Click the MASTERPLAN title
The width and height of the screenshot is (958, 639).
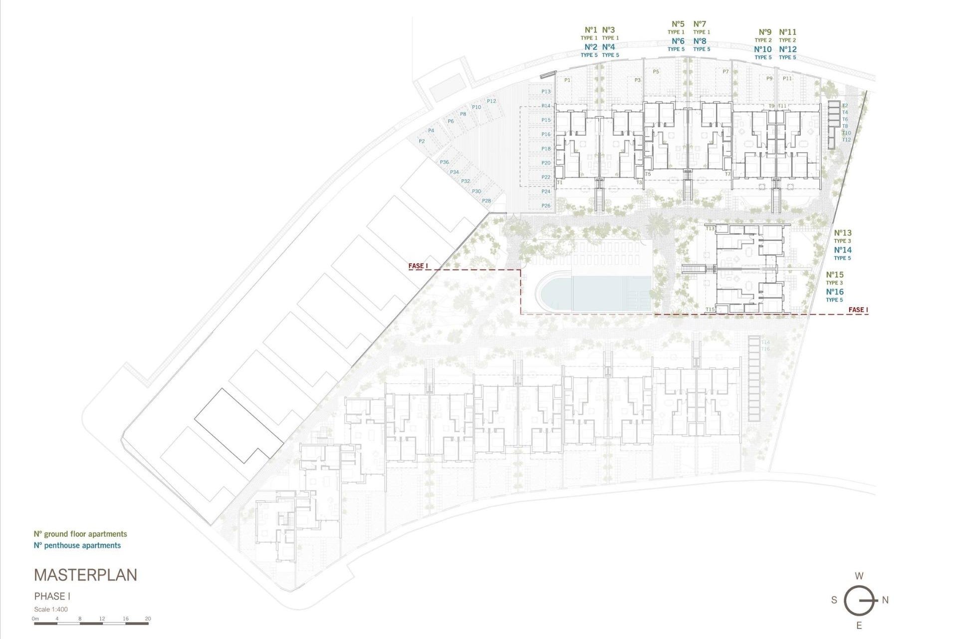point(85,575)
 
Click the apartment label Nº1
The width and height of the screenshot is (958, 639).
point(591,30)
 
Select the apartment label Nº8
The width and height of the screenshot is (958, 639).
point(700,41)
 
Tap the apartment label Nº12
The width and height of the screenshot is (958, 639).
point(788,49)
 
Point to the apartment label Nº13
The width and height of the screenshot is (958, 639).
point(843,233)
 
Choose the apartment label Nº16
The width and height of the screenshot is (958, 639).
point(835,292)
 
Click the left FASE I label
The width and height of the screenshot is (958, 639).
point(418,266)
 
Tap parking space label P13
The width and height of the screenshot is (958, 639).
point(546,91)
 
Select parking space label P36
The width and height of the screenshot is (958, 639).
point(444,162)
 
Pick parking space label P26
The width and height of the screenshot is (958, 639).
point(546,206)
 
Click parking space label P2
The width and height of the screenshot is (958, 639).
point(422,141)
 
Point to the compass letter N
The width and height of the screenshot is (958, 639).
point(885,600)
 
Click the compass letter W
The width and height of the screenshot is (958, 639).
point(859,576)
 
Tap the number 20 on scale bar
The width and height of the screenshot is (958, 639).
point(148,619)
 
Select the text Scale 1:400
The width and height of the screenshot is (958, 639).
point(51,609)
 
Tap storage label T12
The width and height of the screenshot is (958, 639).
point(846,140)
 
